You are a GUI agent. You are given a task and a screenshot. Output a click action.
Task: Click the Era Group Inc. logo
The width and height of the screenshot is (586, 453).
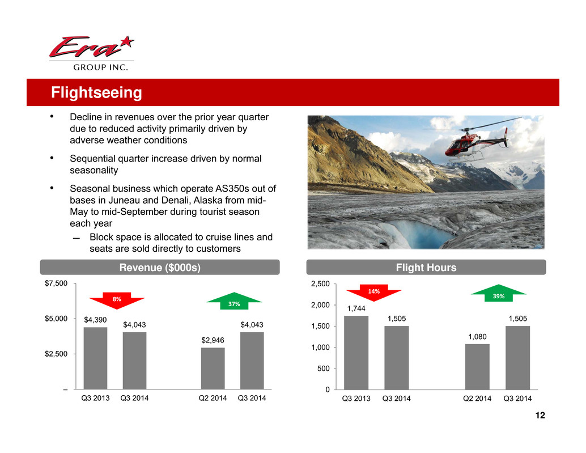92,53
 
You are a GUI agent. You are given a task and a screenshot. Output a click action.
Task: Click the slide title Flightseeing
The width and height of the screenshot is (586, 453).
96,92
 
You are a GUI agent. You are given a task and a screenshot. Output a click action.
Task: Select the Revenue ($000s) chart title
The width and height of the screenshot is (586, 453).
160,268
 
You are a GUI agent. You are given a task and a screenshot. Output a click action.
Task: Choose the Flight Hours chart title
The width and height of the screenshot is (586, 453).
426,268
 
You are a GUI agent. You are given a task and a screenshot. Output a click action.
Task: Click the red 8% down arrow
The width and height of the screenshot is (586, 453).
117,300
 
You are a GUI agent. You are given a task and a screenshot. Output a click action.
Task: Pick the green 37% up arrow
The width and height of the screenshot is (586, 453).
234,300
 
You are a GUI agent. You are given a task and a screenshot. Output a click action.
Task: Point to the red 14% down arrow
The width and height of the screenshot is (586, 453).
373,293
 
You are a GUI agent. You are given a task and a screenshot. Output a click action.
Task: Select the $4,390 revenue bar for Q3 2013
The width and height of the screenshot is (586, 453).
95,358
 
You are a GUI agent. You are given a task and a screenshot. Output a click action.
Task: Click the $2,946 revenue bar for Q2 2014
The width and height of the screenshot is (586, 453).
213,368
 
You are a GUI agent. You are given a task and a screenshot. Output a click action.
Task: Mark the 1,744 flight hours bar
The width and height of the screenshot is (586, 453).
356,353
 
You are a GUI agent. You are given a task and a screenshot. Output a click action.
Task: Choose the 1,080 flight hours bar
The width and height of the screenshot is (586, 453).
477,367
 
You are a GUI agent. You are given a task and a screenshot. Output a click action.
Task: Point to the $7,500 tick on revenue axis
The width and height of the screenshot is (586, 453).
56,283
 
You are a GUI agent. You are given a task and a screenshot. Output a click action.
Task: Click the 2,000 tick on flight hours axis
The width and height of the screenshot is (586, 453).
320,305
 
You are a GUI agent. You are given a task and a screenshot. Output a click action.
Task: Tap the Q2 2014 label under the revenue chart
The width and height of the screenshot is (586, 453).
213,398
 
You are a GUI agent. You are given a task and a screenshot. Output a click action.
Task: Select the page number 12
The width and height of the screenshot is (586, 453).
540,415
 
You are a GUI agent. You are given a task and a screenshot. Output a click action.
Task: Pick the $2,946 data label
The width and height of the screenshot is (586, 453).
213,340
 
